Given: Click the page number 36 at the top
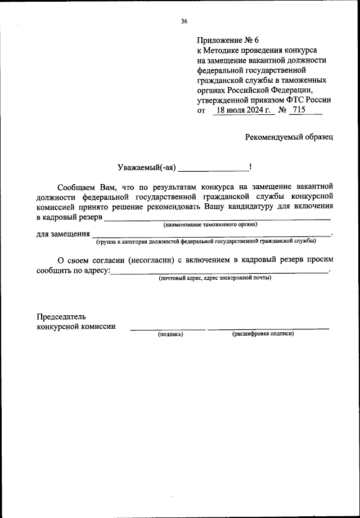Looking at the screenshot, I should [184, 21].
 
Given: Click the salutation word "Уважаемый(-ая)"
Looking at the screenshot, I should [147, 167].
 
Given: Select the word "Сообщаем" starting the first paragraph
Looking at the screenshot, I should [76, 186].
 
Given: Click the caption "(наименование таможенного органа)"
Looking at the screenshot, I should [210, 225].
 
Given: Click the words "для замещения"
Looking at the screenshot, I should [63, 234].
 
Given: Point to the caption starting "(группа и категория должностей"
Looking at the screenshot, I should [205, 241].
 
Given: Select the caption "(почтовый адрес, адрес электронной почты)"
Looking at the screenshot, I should [214, 278].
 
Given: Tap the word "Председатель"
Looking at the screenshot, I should [61, 317].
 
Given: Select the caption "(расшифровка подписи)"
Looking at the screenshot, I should [263, 334].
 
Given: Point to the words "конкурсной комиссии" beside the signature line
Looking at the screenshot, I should [76, 327].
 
